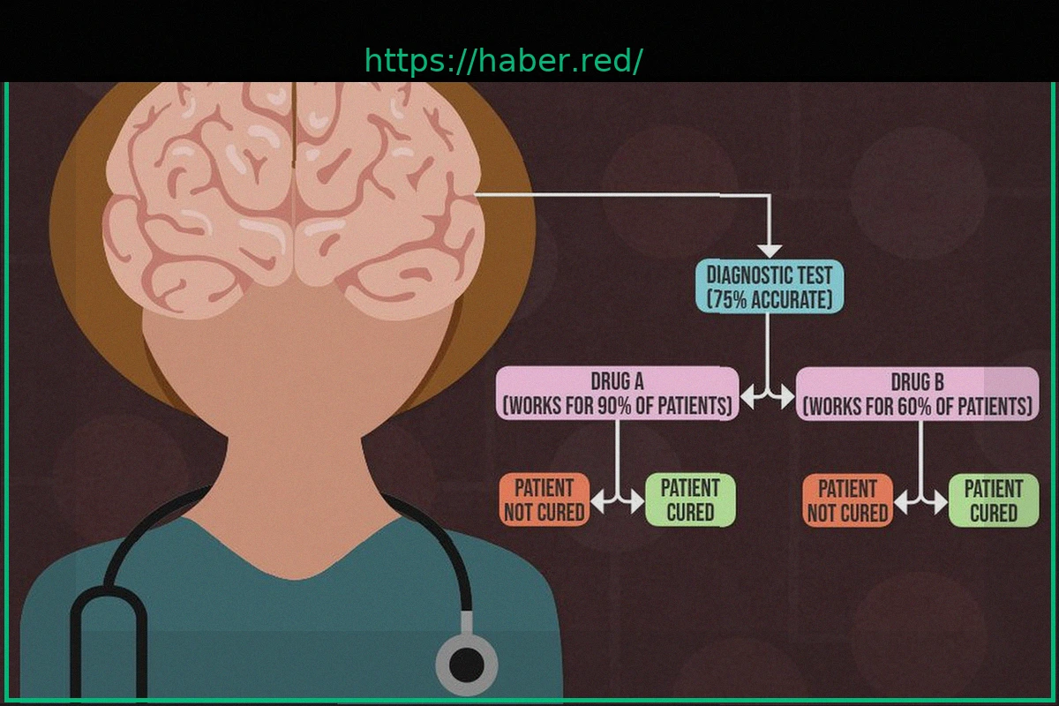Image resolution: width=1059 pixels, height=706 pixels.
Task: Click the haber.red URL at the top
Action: (503, 62)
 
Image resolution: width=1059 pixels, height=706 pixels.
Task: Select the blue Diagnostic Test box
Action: (769, 287)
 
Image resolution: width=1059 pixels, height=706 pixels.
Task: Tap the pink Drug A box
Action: (617, 394)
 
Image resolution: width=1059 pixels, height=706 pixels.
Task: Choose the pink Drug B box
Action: (918, 394)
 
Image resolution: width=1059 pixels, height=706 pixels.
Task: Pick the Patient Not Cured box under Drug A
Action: (544, 500)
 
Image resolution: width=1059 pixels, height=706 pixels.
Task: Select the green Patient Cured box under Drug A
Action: (690, 500)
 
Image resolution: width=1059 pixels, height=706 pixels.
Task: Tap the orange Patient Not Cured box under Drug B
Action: (847, 500)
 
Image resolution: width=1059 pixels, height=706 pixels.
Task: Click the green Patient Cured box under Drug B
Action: (994, 500)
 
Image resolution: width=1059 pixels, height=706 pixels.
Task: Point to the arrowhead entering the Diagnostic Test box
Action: (770, 251)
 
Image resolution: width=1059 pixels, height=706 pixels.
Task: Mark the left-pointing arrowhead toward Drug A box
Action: (747, 398)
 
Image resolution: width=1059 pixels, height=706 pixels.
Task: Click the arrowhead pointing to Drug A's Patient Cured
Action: (637, 502)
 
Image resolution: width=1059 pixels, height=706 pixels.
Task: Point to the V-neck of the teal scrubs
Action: (291, 574)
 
